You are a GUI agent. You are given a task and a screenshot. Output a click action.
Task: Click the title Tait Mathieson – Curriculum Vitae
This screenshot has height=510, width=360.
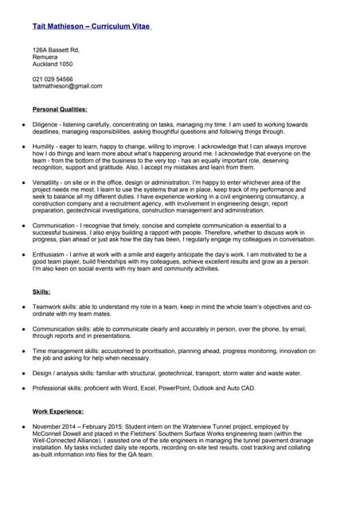point(92,26)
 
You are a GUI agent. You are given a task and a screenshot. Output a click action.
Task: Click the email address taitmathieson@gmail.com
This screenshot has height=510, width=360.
point(67,86)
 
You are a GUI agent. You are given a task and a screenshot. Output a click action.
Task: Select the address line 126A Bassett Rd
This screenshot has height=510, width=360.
point(56,49)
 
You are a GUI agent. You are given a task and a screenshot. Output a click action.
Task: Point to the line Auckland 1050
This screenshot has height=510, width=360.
point(53,64)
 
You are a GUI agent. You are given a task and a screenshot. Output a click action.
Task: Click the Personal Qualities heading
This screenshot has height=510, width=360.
point(60,108)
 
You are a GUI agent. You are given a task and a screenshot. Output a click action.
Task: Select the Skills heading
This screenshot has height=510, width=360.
point(41,292)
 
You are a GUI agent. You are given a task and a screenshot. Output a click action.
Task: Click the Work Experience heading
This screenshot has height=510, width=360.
point(58,411)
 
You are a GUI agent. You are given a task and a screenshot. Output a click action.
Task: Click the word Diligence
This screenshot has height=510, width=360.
point(46,124)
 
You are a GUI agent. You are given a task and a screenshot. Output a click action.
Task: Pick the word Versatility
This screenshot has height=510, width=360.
point(47,183)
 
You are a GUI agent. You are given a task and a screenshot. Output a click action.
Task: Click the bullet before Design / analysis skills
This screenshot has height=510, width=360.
point(24,373)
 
